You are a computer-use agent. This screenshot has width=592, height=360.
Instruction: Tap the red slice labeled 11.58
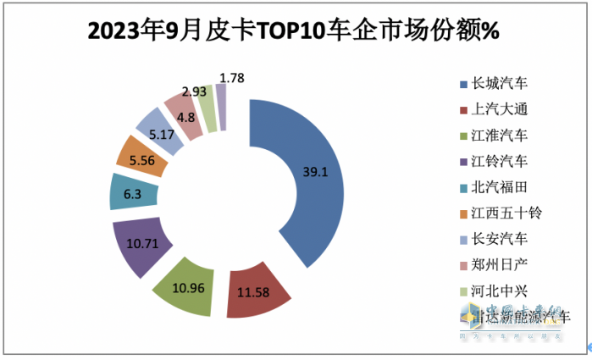255,293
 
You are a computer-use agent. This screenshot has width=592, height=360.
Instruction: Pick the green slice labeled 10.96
183,288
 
